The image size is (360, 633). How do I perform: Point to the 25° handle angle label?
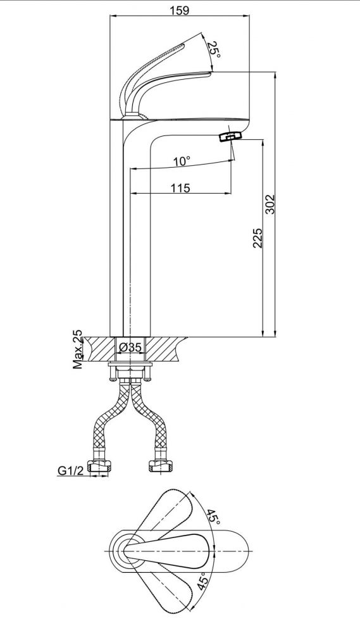pyautogui.click(x=214, y=50)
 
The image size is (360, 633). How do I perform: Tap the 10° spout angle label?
pyautogui.click(x=182, y=161)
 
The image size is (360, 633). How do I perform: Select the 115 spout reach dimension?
pyautogui.click(x=180, y=188)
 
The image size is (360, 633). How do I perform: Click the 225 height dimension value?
pyautogui.click(x=258, y=238)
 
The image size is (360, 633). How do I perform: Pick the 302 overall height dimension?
pyautogui.click(x=270, y=204)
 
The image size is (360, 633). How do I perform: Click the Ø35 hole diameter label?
pyautogui.click(x=130, y=347)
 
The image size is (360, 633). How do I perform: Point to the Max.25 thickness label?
pyautogui.click(x=77, y=349)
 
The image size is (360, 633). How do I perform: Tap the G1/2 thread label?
pyautogui.click(x=71, y=470)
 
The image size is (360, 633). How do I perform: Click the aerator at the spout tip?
pyautogui.click(x=230, y=135)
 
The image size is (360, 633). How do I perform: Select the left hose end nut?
pyautogui.click(x=99, y=466)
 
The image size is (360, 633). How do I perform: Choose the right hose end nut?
pyautogui.click(x=161, y=466)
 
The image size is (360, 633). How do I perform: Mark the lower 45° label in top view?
pyautogui.click(x=203, y=581)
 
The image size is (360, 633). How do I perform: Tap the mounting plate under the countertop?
pyautogui.click(x=130, y=365)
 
